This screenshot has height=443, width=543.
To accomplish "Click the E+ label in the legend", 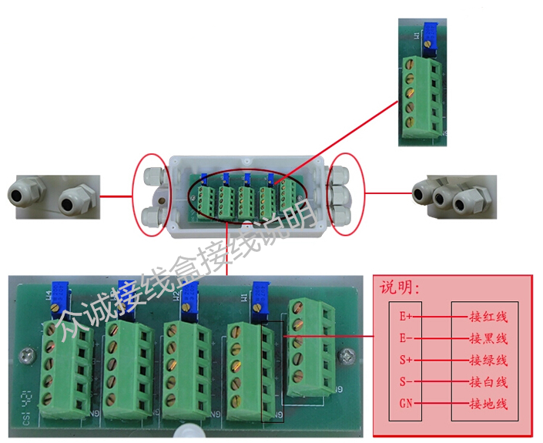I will tap(406, 316).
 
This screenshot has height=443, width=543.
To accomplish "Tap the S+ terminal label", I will tap(406, 360).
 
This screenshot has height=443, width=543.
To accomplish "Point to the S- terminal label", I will tap(406, 382).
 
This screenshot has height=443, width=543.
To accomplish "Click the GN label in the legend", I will tap(406, 404).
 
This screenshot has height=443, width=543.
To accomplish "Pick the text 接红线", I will tap(488, 316).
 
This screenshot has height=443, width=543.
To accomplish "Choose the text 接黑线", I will tap(488, 338).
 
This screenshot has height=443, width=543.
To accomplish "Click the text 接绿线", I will tap(488, 360).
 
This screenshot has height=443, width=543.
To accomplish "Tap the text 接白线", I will tap(488, 382).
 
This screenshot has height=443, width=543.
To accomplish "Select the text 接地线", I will tap(488, 404).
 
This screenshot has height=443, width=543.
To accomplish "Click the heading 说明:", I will tap(399, 288).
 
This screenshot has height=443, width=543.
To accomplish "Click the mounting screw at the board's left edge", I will tap(26, 356).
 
